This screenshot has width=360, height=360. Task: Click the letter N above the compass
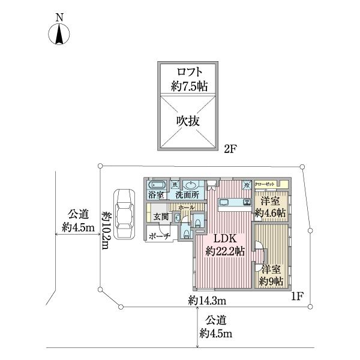[59, 18]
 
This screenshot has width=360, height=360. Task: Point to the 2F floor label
[231, 147]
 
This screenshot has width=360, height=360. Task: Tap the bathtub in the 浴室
[157, 185]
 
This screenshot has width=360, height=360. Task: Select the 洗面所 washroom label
[187, 195]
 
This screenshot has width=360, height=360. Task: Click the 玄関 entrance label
[160, 217]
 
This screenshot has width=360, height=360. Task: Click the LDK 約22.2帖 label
[223, 244]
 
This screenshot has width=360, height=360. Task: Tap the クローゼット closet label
[264, 184]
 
